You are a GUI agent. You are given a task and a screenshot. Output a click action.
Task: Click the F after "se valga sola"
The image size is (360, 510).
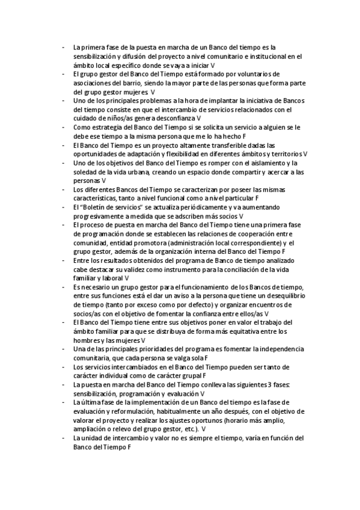click(197, 358)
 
